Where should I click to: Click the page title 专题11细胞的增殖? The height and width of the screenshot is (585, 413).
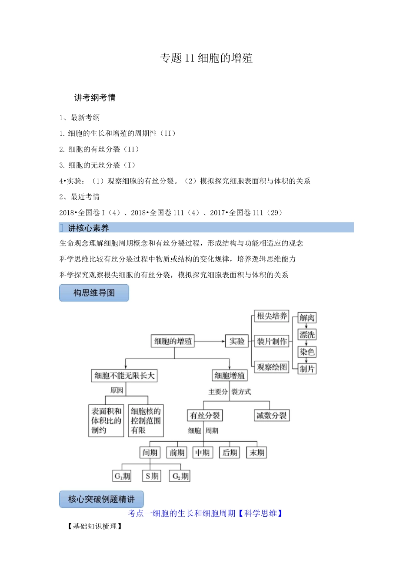206,58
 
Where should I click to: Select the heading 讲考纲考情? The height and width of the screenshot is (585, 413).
95,97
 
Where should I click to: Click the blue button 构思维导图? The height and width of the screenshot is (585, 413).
94,293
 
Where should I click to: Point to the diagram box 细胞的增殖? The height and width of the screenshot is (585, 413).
173,341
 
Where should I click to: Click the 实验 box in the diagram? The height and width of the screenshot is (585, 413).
237,341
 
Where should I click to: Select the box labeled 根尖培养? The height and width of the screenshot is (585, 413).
272,316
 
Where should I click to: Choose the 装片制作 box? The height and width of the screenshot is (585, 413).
272,341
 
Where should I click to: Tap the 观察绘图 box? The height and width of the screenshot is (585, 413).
272,367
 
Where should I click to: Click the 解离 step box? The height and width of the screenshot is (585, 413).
307,318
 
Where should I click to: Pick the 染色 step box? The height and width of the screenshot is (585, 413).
307,352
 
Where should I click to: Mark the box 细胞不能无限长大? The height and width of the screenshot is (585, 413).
124,376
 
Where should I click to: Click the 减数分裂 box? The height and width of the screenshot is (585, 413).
272,416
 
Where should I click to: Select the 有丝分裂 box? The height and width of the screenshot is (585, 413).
205,416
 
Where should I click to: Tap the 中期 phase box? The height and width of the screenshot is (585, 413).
203,453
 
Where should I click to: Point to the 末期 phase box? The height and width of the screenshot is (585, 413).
257,453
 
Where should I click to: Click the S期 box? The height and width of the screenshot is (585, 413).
152,476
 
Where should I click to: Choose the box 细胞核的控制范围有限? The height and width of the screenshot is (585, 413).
146,420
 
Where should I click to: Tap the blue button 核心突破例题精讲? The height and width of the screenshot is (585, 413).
101,499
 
